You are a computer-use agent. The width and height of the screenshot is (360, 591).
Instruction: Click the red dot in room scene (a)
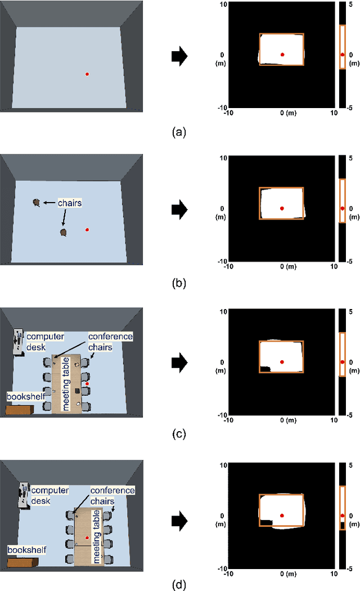(x=87, y=74)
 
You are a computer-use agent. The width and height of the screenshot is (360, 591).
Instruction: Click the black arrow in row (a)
(x=179, y=56)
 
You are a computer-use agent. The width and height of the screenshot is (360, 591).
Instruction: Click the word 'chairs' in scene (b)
(x=70, y=202)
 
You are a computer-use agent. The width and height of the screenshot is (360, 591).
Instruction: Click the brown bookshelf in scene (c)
(x=20, y=410)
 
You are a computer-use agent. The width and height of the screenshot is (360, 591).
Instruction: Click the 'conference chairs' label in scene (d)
(x=112, y=495)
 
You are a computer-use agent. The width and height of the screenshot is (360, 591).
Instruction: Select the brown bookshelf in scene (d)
(x=22, y=561)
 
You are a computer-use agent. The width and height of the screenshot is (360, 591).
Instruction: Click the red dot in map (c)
(x=282, y=362)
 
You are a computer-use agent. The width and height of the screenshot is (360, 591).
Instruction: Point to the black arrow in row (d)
(x=179, y=516)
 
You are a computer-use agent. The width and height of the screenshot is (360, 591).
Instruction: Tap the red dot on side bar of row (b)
(x=342, y=208)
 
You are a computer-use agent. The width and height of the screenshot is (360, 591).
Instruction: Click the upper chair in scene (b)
(x=36, y=202)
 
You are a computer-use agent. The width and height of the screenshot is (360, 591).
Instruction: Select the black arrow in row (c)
(x=179, y=362)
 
